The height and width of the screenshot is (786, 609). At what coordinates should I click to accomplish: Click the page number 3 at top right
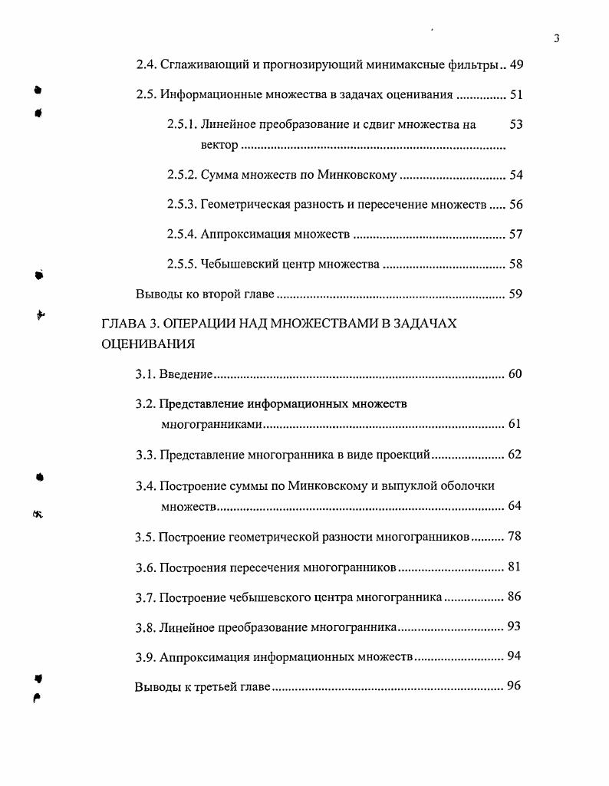coord(556,39)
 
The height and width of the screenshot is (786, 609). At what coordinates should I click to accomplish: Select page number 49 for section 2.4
coord(515,65)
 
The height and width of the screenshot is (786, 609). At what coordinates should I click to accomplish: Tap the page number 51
coord(515,95)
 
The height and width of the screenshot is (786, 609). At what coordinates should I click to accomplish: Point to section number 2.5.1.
coord(182,124)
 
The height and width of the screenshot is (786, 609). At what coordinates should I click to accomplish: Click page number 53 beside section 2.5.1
coord(515,124)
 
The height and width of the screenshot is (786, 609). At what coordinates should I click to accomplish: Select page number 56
coord(515,205)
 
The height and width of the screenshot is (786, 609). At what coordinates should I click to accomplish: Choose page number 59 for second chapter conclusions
coord(515,294)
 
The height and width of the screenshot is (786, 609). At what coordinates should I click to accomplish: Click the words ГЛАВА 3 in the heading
coord(131,324)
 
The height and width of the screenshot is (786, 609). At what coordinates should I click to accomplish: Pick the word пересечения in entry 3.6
coord(266,567)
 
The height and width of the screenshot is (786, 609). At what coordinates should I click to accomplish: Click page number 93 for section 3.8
coord(514,627)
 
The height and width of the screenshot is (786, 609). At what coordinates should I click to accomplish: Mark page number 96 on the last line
coord(514,686)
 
